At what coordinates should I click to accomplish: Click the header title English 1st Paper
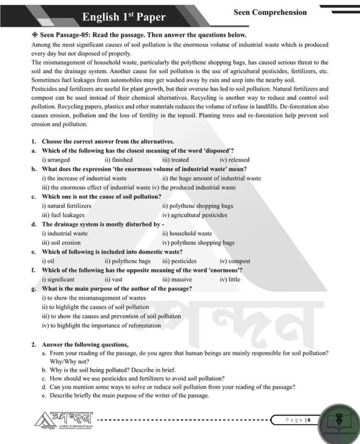click(124, 17)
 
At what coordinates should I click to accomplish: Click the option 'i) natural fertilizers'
click(67, 205)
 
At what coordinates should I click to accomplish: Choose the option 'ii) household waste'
click(187, 233)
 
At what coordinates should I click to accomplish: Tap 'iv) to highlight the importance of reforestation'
click(102, 325)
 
